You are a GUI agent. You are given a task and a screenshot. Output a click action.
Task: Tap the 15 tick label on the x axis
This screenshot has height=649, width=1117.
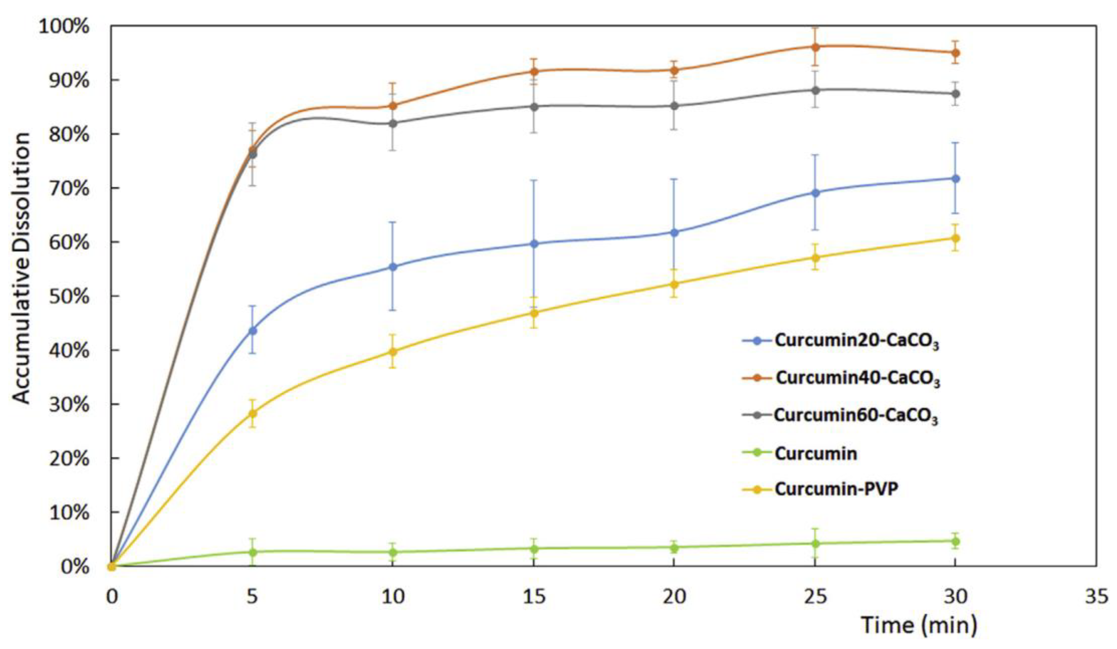[534, 597]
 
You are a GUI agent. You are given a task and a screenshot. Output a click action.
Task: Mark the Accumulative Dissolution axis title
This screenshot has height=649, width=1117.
[21, 268]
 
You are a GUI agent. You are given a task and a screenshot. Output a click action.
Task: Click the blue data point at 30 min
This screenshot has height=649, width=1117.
[955, 179]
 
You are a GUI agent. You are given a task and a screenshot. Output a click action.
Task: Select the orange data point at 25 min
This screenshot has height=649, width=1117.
[815, 47]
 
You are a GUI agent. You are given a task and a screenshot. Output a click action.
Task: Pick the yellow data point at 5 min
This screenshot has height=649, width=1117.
[252, 413]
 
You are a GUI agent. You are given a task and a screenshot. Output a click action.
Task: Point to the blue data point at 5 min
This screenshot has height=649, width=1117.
[252, 330]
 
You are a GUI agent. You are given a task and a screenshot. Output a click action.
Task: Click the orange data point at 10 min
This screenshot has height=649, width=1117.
[393, 106]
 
